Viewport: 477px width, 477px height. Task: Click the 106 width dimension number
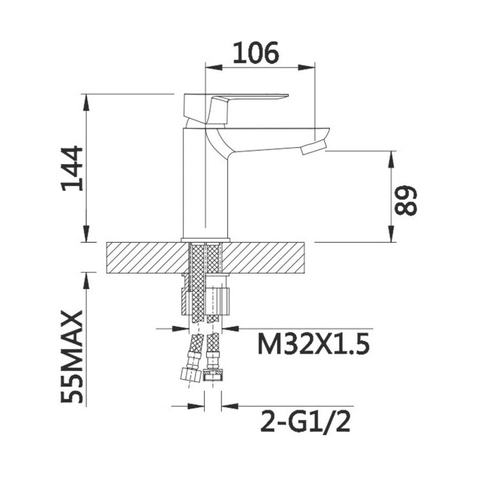[256, 53]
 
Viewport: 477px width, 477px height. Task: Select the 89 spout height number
[406, 200]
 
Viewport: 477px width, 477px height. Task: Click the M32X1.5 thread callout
[314, 344]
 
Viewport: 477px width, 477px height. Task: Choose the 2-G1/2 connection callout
[305, 422]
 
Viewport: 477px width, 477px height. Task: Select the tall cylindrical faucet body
[205, 182]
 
